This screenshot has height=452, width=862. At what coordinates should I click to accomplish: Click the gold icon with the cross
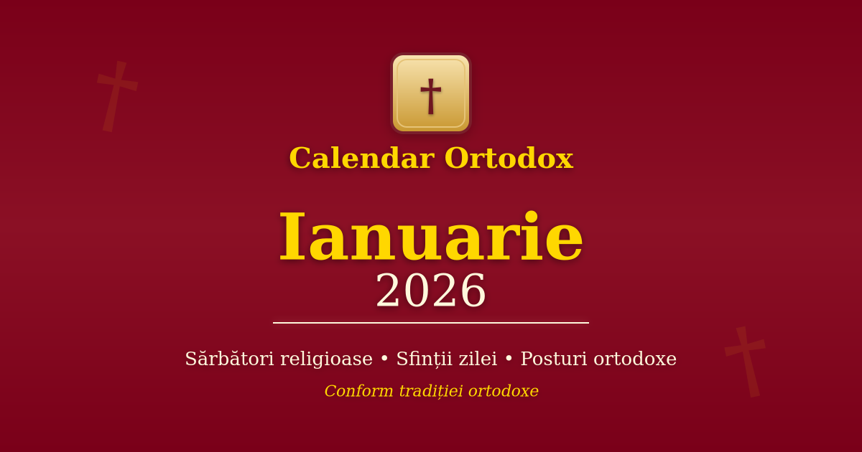click(431, 93)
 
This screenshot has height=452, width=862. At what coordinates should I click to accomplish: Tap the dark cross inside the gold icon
click(431, 95)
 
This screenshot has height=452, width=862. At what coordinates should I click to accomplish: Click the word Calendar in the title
click(361, 159)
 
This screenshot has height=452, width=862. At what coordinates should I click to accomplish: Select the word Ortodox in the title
click(509, 159)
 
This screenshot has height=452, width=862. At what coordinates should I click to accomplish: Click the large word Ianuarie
click(431, 237)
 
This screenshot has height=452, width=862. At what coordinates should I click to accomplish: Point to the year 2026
click(431, 291)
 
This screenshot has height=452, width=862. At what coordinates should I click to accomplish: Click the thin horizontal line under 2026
click(431, 323)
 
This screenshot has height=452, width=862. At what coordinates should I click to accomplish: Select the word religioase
click(326, 359)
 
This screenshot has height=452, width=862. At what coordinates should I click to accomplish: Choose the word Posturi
click(552, 359)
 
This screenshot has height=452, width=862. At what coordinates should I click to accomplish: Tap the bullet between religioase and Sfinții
click(384, 359)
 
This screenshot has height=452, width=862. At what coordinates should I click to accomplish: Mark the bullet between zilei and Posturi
click(509, 359)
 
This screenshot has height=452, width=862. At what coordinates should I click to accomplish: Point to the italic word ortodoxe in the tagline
click(504, 391)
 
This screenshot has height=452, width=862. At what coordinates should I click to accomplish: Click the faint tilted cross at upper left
click(117, 96)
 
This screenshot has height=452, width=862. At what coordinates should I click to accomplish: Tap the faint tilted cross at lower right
click(746, 361)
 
